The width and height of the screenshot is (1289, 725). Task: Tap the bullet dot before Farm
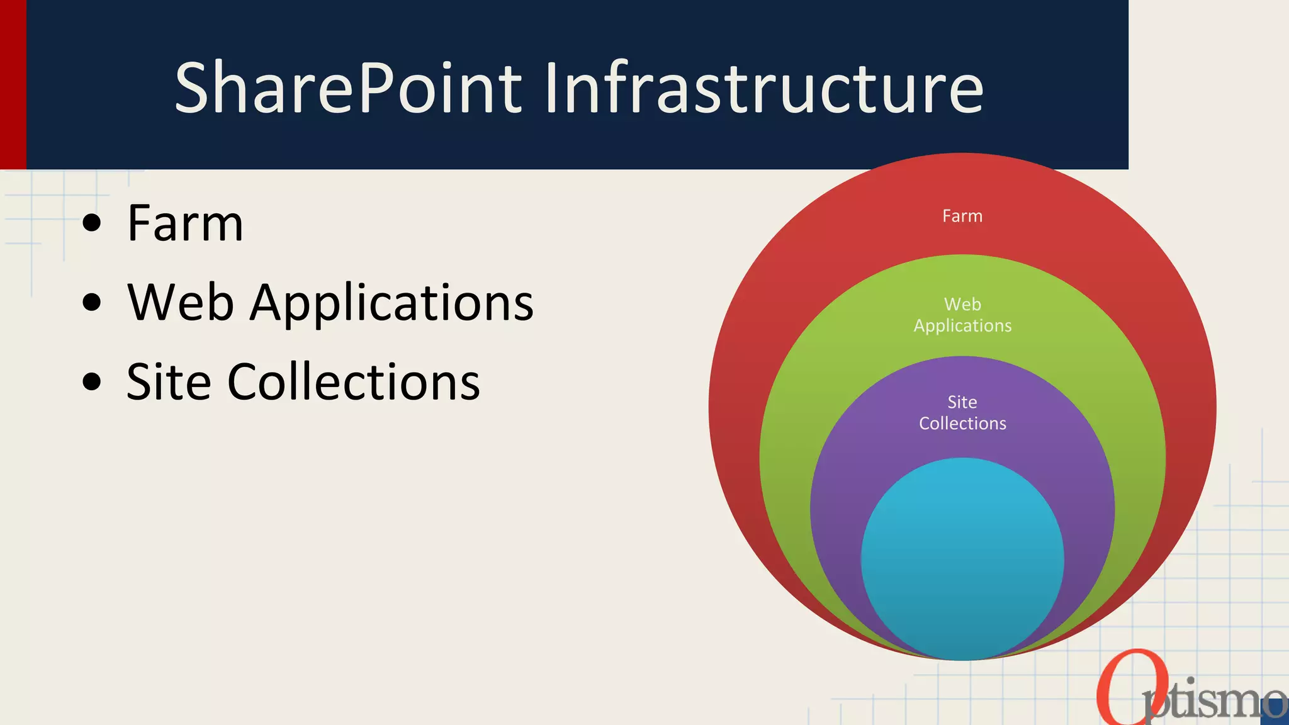(92, 223)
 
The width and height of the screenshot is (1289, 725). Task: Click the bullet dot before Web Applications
(92, 302)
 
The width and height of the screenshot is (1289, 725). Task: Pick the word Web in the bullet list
(181, 302)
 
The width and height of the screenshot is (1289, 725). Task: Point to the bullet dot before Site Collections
(92, 381)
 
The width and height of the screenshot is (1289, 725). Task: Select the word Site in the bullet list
(168, 381)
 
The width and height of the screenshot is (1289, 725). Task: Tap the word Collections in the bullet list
(353, 381)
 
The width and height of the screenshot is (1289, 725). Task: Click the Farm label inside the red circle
(962, 216)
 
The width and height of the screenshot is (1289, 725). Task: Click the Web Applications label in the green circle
(962, 315)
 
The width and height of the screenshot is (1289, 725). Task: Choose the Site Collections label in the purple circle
(962, 412)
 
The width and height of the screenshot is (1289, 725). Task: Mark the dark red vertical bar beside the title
(13, 84)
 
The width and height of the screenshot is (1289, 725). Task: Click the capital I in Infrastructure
(551, 87)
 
